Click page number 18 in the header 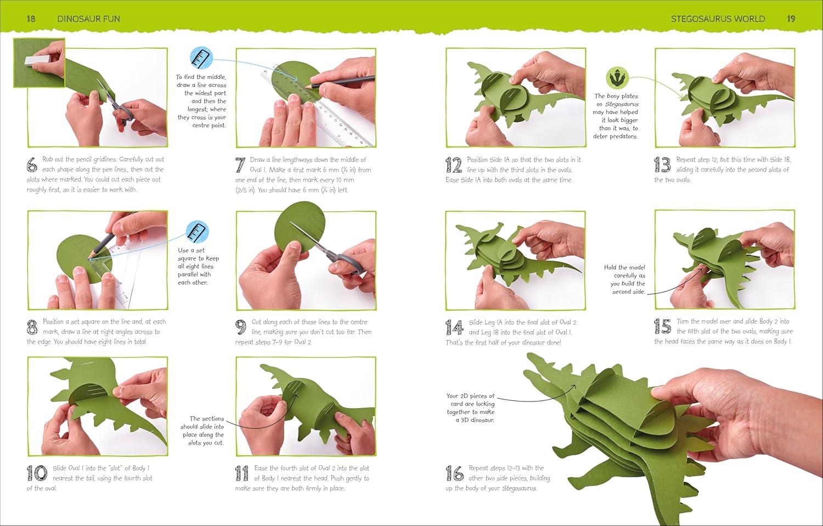point(31,19)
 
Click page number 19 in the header point(791,19)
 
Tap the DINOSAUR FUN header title point(88,19)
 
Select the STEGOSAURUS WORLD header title point(718,19)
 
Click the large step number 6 point(32,165)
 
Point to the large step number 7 point(240,165)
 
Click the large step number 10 point(37,473)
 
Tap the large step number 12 point(454,165)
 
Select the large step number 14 point(454,327)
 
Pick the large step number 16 point(454,473)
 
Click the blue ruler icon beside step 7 point(201,58)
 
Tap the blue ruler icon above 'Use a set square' point(198,231)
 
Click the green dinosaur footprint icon point(617,78)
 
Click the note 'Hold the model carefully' point(624,280)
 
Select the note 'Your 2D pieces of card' point(470,408)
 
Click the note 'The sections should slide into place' point(202,431)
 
